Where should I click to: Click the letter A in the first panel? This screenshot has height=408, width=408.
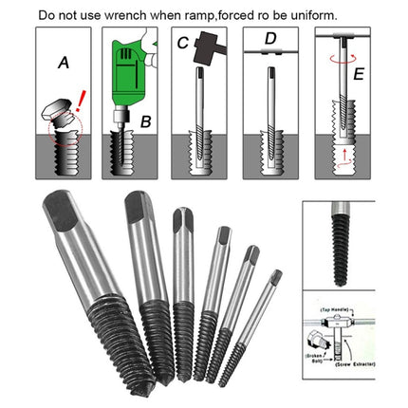[63, 65]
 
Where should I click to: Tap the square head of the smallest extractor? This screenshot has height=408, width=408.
[275, 278]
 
